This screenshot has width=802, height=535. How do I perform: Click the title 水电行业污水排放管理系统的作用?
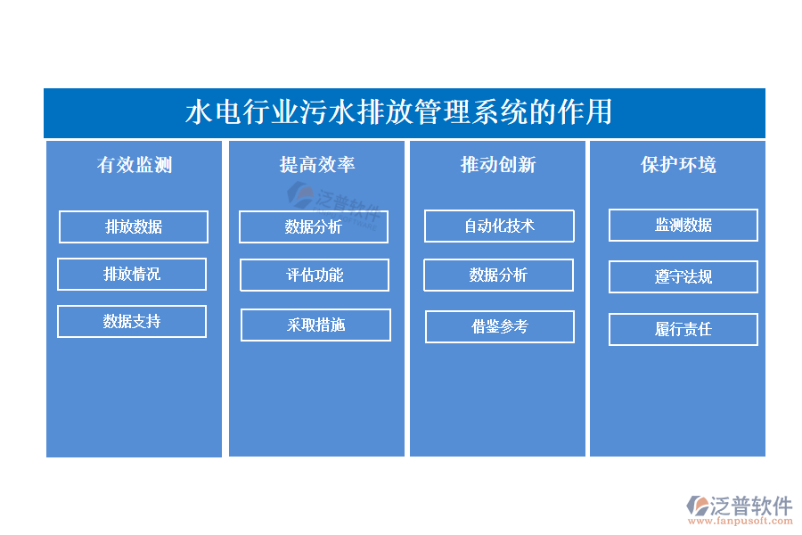point(398,112)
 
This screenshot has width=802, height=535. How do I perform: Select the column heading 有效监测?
point(135,165)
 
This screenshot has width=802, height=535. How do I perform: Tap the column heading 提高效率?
point(317,165)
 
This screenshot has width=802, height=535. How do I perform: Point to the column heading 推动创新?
point(498,165)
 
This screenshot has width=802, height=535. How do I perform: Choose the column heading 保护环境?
point(678,165)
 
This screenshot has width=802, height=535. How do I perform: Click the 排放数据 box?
point(134,226)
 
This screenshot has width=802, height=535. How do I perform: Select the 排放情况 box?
point(132,275)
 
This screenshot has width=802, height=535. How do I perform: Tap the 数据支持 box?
point(132,322)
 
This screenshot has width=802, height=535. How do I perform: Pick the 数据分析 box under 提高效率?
point(314,226)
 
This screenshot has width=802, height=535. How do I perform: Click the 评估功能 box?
point(315,276)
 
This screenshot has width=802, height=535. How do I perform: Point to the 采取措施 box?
point(316,325)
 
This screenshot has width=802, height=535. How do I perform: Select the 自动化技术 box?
point(499,226)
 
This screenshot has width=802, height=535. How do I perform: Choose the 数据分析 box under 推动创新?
point(499,276)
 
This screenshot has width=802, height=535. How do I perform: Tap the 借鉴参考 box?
point(500,326)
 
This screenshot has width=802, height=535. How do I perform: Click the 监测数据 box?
point(683,226)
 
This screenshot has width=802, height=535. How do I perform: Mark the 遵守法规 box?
point(683,277)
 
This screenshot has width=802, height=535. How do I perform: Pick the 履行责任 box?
point(683,330)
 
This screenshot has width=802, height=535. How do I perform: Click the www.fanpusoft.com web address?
point(741,521)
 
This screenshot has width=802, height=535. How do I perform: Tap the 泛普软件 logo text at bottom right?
point(751,506)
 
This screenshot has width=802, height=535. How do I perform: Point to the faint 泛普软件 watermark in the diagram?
point(334,205)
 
